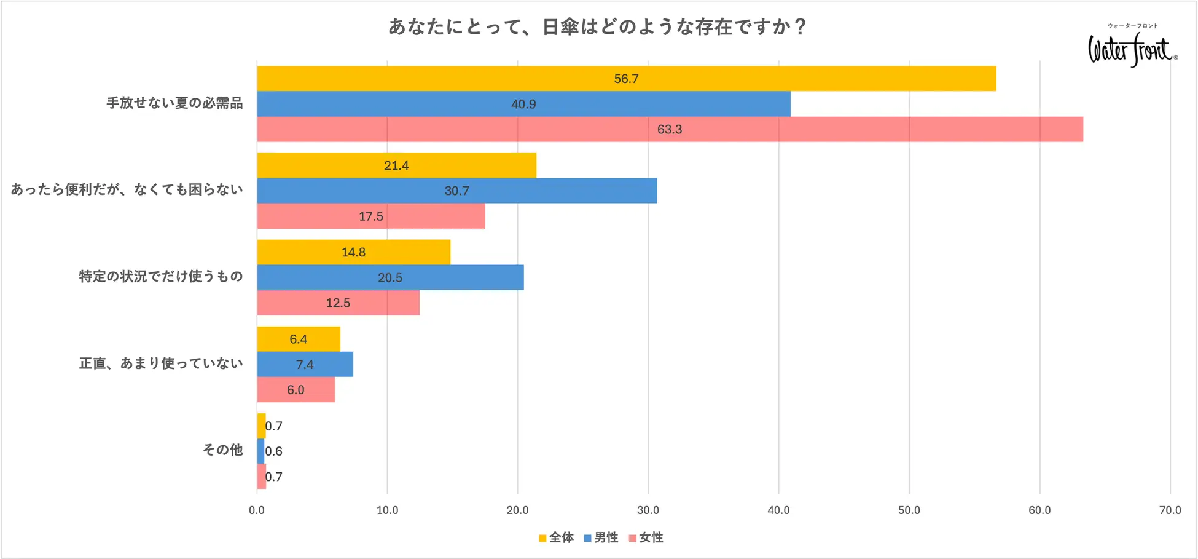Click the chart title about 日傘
pyautogui.click(x=597, y=27)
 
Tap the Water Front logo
pyautogui.click(x=1132, y=48)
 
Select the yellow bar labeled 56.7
pyautogui.click(x=626, y=79)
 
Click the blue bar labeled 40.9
pyautogui.click(x=523, y=104)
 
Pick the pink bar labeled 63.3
pyautogui.click(x=670, y=129)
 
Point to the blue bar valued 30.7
pyautogui.click(x=456, y=191)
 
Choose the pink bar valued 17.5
pyautogui.click(x=370, y=216)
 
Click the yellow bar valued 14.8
pyautogui.click(x=353, y=252)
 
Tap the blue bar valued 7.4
pyautogui.click(x=305, y=364)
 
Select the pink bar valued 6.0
pyautogui.click(x=296, y=390)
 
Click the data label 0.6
pyautogui.click(x=274, y=451)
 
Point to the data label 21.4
pyautogui.click(x=396, y=165)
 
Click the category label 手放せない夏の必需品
pyautogui.click(x=175, y=103)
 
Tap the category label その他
pyautogui.click(x=223, y=450)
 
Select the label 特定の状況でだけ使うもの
pyautogui.click(x=161, y=277)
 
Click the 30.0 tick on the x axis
pyautogui.click(x=648, y=510)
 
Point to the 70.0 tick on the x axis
pyautogui.click(x=1170, y=510)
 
